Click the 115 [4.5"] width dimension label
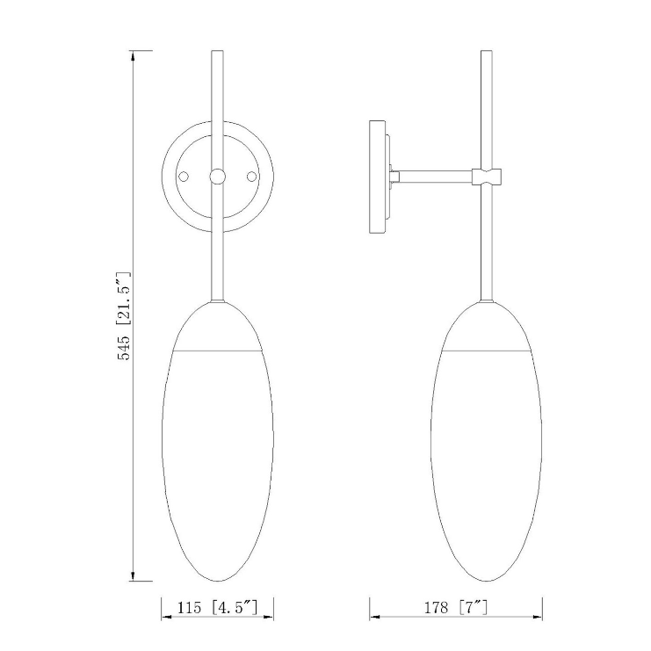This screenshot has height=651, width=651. pyautogui.click(x=217, y=607)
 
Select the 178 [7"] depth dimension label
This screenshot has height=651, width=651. pyautogui.click(x=455, y=607)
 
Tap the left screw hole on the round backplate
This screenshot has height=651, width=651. pyautogui.click(x=184, y=177)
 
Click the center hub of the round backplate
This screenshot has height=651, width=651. pyautogui.click(x=217, y=177)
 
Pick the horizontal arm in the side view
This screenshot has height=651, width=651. pyautogui.click(x=436, y=177)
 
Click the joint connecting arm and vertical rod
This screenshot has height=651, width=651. pyautogui.click(x=488, y=177)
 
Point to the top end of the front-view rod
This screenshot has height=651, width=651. pyautogui.click(x=217, y=54)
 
